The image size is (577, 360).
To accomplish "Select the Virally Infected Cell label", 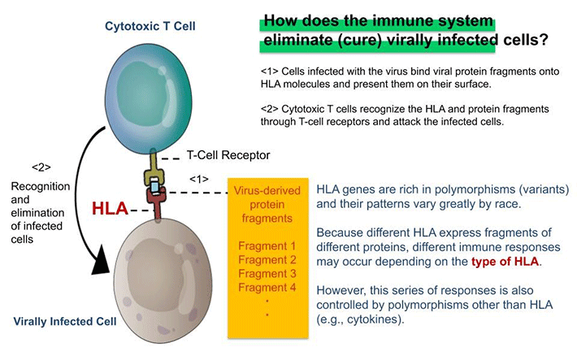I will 63,321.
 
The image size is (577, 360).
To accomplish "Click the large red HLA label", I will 109,208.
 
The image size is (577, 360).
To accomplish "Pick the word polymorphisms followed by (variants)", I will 445,189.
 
